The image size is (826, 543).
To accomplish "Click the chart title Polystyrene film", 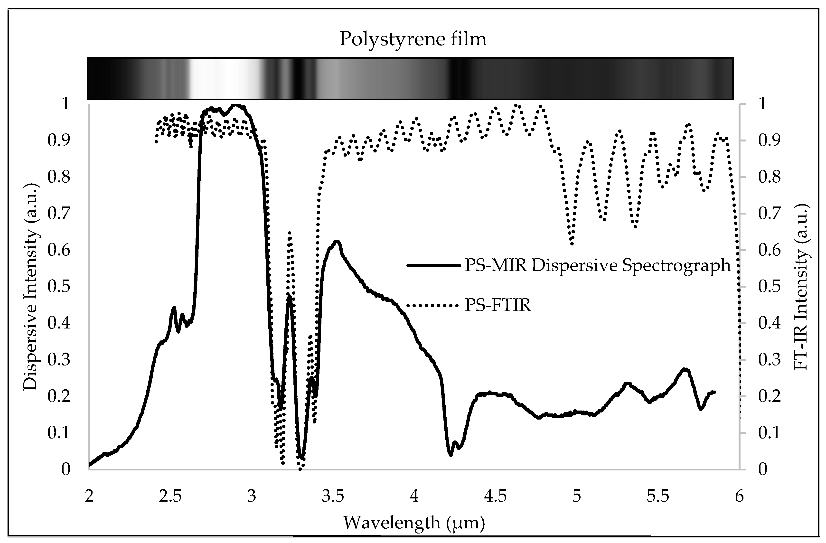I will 413,39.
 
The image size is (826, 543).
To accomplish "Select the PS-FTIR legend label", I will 498,305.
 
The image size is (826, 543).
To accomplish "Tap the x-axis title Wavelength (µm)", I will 414,523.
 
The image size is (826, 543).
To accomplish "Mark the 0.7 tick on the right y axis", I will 769,213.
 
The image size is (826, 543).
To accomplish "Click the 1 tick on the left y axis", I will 66,104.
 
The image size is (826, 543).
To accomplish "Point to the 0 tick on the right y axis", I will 762,469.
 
